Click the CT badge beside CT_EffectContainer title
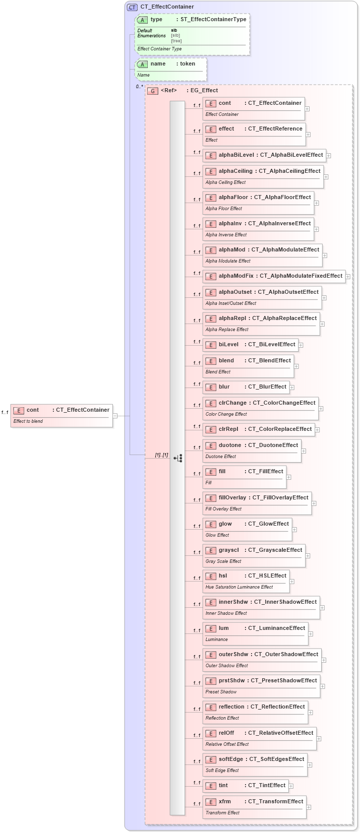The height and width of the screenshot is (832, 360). pyautogui.click(x=132, y=7)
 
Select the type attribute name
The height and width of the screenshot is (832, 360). pyautogui.click(x=156, y=20)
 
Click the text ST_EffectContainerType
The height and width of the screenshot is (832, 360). pyautogui.click(x=213, y=20)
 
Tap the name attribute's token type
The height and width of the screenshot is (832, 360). pyautogui.click(x=188, y=64)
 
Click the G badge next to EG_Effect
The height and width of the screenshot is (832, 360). pyautogui.click(x=153, y=91)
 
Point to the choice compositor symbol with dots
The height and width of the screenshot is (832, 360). pyautogui.click(x=178, y=458)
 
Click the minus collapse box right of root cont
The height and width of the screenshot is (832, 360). pyautogui.click(x=115, y=416)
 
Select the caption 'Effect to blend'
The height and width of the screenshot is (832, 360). pyautogui.click(x=28, y=421)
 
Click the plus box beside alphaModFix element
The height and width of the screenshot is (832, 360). pyautogui.click(x=348, y=276)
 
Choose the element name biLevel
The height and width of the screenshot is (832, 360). pyautogui.click(x=228, y=345)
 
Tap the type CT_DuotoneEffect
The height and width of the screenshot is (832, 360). pyautogui.click(x=273, y=445)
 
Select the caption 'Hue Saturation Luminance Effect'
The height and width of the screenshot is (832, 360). pyautogui.click(x=239, y=587)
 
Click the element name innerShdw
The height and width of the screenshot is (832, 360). pyautogui.click(x=233, y=602)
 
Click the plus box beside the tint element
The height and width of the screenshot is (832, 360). pyautogui.click(x=291, y=786)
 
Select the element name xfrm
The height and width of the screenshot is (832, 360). pyautogui.click(x=225, y=802)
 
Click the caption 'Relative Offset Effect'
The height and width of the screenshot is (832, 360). pyautogui.click(x=227, y=744)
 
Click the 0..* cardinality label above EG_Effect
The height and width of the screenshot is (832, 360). pyautogui.click(x=139, y=87)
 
